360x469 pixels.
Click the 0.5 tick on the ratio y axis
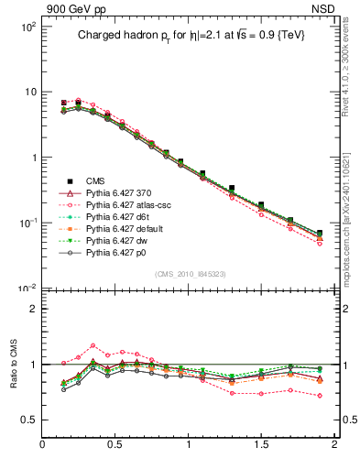pyautogui.click(x=28, y=420)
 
